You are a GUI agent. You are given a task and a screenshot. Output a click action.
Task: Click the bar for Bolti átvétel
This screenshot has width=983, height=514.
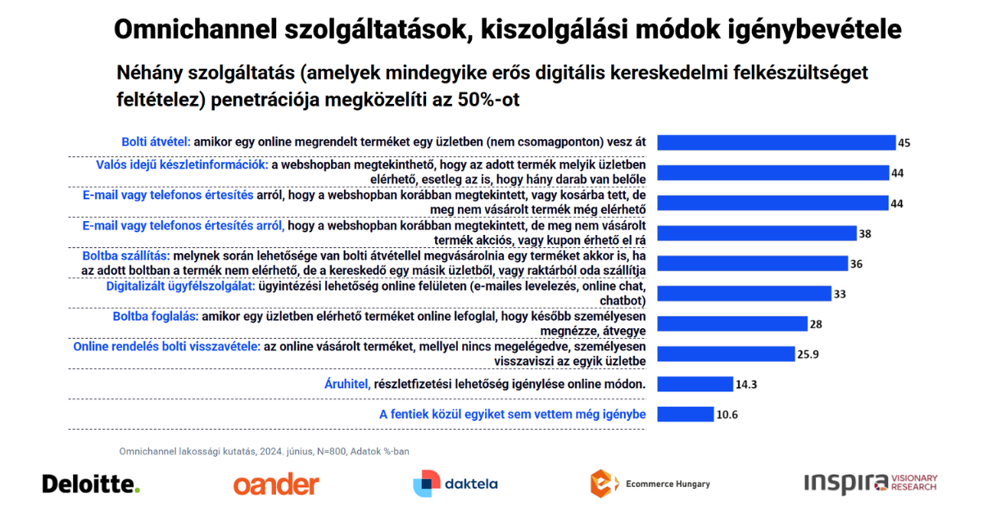777,142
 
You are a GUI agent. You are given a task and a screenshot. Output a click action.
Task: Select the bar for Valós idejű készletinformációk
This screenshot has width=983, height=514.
773,173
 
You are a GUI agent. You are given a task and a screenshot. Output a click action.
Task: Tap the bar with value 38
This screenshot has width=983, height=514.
757,233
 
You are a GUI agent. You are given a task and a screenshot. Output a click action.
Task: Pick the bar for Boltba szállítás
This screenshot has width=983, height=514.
753,263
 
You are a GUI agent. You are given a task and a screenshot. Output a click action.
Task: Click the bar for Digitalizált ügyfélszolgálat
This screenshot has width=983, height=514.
745,293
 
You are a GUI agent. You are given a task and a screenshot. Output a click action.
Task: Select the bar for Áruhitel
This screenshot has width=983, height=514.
695,384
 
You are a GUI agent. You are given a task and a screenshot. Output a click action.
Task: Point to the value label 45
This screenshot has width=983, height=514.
904,143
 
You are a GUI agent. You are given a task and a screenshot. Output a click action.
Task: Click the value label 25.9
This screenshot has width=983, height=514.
808,354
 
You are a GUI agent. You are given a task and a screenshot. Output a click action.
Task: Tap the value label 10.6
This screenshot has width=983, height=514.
727,415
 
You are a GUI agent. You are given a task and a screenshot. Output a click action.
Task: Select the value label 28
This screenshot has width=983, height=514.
815,324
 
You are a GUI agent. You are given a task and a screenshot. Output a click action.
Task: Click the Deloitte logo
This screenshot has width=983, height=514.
91,484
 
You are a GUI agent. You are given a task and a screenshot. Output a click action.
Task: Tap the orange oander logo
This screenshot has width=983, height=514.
276,485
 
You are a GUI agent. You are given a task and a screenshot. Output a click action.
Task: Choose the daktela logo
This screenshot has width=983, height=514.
455,484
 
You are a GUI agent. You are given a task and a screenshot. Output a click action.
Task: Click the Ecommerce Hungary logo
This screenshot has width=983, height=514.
650,484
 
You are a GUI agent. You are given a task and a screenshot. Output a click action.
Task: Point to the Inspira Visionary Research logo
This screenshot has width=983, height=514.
870,483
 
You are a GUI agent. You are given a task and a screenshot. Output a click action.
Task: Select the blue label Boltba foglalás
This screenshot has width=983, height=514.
155,316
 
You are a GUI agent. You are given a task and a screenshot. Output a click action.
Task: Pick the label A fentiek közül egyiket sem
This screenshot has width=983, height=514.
512,414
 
